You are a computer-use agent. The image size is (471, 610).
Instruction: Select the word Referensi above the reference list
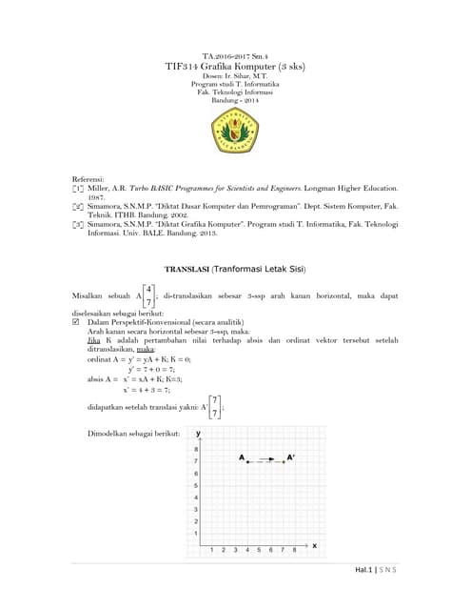90,179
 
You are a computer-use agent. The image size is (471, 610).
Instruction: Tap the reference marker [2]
78,204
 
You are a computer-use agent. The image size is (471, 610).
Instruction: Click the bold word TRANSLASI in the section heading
186,270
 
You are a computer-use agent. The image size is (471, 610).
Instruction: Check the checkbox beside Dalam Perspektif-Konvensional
77,322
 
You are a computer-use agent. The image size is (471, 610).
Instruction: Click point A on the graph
246,461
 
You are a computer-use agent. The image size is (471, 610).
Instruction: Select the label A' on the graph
291,457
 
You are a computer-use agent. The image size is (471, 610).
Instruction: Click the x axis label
314,544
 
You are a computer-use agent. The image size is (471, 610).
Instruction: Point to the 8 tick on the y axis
196,449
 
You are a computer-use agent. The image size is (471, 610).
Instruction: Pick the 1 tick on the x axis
211,550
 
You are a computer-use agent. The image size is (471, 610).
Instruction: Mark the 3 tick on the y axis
196,509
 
